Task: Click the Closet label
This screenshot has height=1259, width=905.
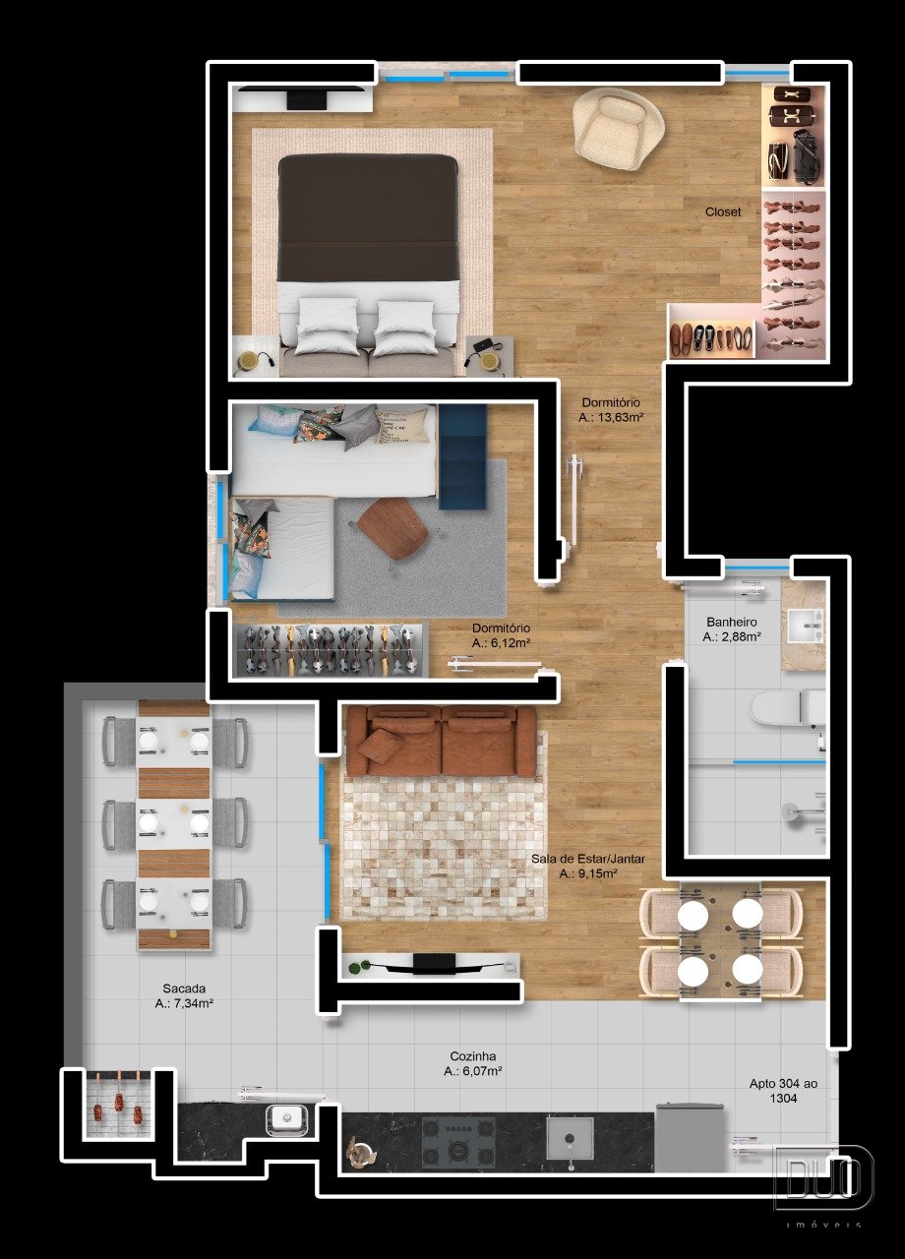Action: (723, 211)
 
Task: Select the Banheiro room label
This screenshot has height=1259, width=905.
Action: (732, 623)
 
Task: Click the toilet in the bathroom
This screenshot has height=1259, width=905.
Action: (787, 707)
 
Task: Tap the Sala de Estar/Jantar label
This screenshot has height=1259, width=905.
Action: (588, 859)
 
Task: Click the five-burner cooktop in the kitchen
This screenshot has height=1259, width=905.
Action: (458, 1139)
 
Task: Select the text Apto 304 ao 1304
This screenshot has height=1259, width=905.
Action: (783, 1091)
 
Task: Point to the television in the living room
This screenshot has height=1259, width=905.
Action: (435, 963)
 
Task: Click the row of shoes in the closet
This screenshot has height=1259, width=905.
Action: (710, 339)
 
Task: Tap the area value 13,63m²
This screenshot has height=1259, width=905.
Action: (611, 418)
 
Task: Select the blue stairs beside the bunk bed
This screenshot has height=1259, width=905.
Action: (462, 456)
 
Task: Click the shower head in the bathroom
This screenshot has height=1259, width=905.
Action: (789, 810)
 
